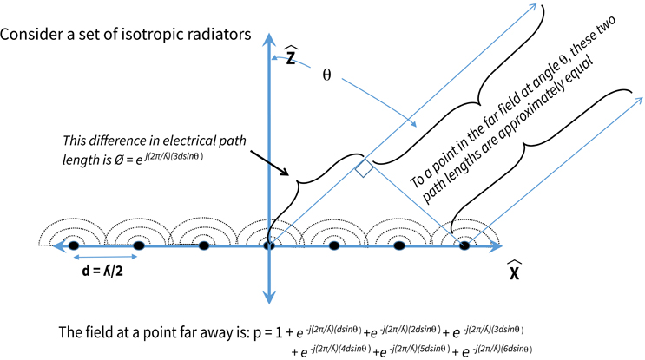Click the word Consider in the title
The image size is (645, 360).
[33, 35]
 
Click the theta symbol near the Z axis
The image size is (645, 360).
[326, 75]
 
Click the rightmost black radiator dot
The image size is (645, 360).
[464, 246]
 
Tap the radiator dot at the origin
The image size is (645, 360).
[268, 246]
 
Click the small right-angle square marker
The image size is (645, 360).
[365, 171]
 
